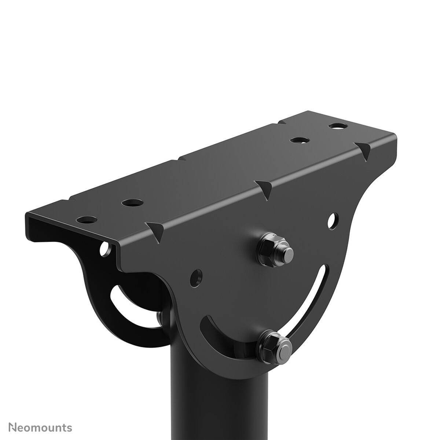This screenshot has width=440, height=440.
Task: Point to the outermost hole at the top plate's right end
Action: [337, 126]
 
